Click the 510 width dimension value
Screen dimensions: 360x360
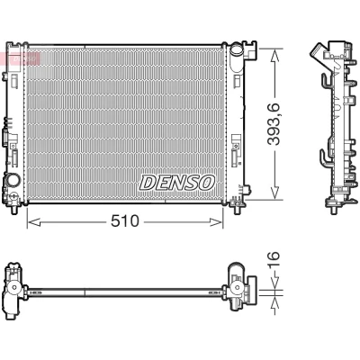pyautogui.click(x=125, y=221)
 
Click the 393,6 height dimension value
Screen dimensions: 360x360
pyautogui.click(x=274, y=124)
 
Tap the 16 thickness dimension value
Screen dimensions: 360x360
pyautogui.click(x=274, y=260)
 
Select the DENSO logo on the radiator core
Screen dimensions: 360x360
pyautogui.click(x=177, y=183)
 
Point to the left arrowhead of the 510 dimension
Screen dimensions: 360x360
pyautogui.click(x=33, y=222)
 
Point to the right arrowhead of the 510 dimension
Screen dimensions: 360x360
pyautogui.click(x=217, y=222)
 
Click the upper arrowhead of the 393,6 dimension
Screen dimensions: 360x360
pyautogui.click(x=274, y=56)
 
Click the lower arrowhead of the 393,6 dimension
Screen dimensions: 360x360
pyautogui.click(x=274, y=192)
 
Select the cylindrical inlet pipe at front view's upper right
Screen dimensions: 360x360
pyautogui.click(x=236, y=51)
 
